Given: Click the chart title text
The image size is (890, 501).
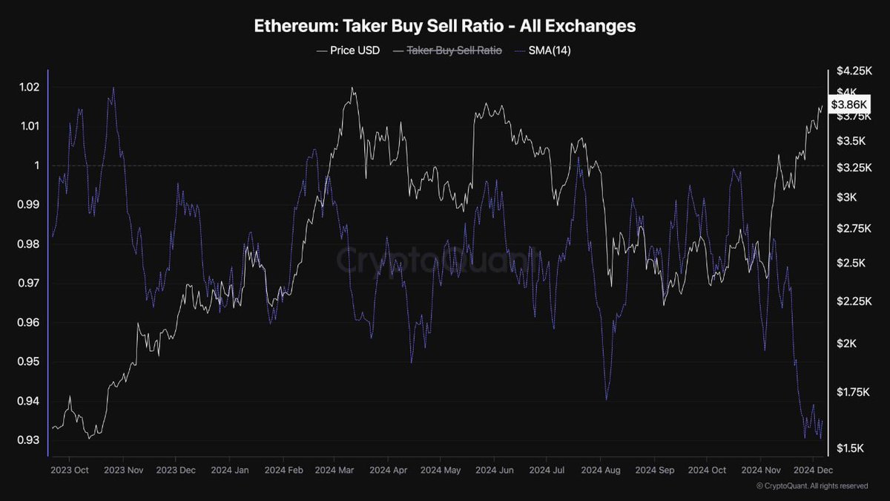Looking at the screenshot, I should [x=445, y=25].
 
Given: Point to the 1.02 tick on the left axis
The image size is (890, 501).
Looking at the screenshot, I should [x=28, y=87].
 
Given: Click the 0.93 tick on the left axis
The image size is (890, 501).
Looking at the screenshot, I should [x=28, y=440].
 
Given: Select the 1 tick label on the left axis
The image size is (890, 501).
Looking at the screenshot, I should [x=34, y=166].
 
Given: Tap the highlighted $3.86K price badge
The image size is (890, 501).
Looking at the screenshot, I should [x=847, y=105].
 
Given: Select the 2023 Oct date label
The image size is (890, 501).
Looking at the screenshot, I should [x=70, y=470].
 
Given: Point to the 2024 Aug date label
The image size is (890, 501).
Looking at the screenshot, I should [x=600, y=470].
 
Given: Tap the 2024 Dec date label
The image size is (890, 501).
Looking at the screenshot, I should [x=814, y=470].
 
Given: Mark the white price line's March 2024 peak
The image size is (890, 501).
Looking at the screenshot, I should [x=352, y=88].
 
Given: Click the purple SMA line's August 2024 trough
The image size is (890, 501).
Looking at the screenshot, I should [x=607, y=399].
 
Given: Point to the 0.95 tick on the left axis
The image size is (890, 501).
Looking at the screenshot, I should [x=28, y=361].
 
